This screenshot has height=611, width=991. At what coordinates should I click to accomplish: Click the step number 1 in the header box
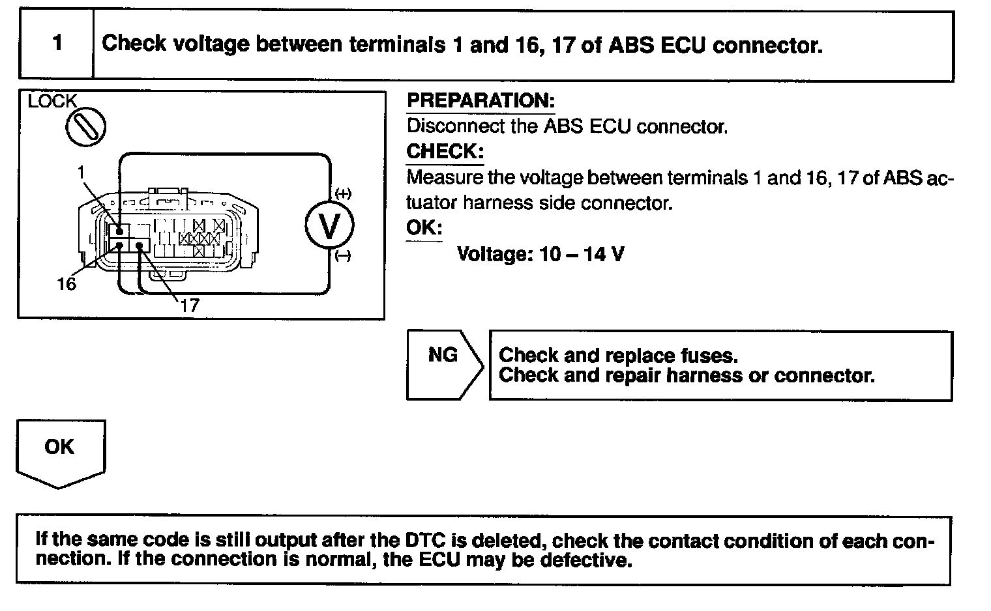pyautogui.click(x=57, y=44)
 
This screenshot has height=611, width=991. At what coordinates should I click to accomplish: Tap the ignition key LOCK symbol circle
pyautogui.click(x=85, y=126)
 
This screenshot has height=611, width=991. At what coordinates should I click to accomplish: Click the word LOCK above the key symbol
pyautogui.click(x=52, y=101)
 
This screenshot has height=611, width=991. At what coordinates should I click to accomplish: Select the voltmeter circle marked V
pyautogui.click(x=330, y=226)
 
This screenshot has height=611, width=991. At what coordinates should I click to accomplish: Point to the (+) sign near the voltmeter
pyautogui.click(x=343, y=193)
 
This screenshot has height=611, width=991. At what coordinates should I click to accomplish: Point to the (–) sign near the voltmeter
pyautogui.click(x=343, y=257)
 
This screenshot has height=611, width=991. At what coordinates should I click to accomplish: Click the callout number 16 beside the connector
pyautogui.click(x=67, y=284)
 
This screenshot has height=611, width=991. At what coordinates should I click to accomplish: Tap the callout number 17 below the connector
pyautogui.click(x=189, y=305)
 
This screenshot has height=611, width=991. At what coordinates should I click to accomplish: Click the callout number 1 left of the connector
pyautogui.click(x=81, y=173)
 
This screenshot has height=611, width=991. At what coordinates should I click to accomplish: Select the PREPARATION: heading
pyautogui.click(x=481, y=101)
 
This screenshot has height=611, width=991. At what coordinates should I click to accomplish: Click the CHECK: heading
pyautogui.click(x=445, y=152)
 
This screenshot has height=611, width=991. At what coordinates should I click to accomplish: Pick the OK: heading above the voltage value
pyautogui.click(x=424, y=228)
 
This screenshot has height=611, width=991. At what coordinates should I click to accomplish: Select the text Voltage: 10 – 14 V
pyautogui.click(x=540, y=253)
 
